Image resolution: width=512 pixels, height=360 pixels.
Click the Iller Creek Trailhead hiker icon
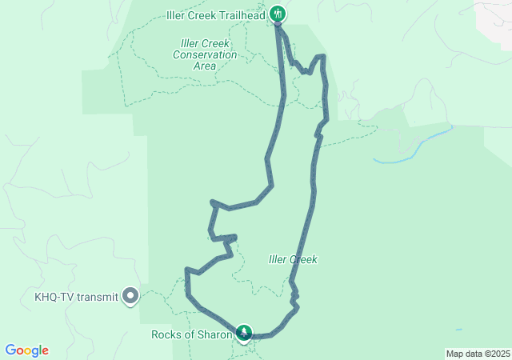click(278, 13)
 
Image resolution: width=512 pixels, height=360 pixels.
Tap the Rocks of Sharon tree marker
click(244, 332)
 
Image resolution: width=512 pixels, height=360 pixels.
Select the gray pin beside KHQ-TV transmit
click(130, 297)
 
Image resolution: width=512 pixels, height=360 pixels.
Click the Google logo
click(26, 350)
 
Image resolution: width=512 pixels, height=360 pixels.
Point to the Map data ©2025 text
click(477, 354)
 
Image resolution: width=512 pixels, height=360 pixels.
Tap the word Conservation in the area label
click(205, 55)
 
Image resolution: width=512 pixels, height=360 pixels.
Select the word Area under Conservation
click(205, 66)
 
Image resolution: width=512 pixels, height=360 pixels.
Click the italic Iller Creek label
click(293, 259)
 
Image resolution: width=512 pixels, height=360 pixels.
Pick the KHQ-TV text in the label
click(54, 297)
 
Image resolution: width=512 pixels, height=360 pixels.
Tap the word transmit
click(98, 297)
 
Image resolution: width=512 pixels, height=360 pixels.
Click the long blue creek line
click(416, 146)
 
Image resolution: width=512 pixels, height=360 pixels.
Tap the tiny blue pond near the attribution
click(458, 329)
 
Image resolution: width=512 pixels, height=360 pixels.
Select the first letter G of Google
click(10, 350)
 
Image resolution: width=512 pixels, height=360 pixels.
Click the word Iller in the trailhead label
click(177, 14)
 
